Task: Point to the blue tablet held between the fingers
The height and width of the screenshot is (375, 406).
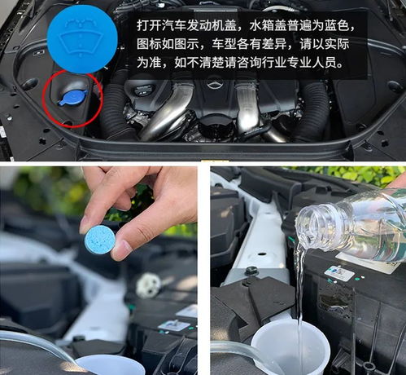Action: (100, 240)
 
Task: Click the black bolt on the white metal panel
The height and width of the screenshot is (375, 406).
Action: (251, 271)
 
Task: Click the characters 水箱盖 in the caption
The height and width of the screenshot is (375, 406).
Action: (273, 25)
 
